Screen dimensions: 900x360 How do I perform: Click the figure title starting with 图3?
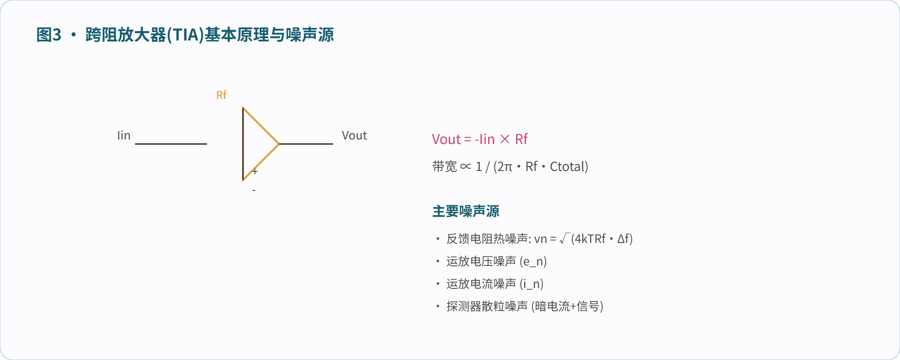(x=185, y=35)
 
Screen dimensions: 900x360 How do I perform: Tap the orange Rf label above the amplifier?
(x=221, y=95)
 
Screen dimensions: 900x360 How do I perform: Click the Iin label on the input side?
(x=124, y=135)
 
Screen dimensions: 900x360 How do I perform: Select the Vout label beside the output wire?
(x=354, y=135)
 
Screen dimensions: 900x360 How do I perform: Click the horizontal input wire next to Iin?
(x=171, y=144)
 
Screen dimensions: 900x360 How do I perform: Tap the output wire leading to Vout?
(x=306, y=144)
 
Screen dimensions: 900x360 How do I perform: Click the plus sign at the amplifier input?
(x=255, y=171)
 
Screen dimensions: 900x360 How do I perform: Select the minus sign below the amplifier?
(x=254, y=190)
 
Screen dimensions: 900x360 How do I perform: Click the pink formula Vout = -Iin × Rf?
(x=480, y=139)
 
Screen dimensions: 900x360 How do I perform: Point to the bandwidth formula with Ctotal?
(x=510, y=166)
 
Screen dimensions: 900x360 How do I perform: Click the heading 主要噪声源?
(x=466, y=211)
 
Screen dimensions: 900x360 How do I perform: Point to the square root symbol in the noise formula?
(x=565, y=238)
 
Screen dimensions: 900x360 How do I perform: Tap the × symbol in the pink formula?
(x=505, y=139)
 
